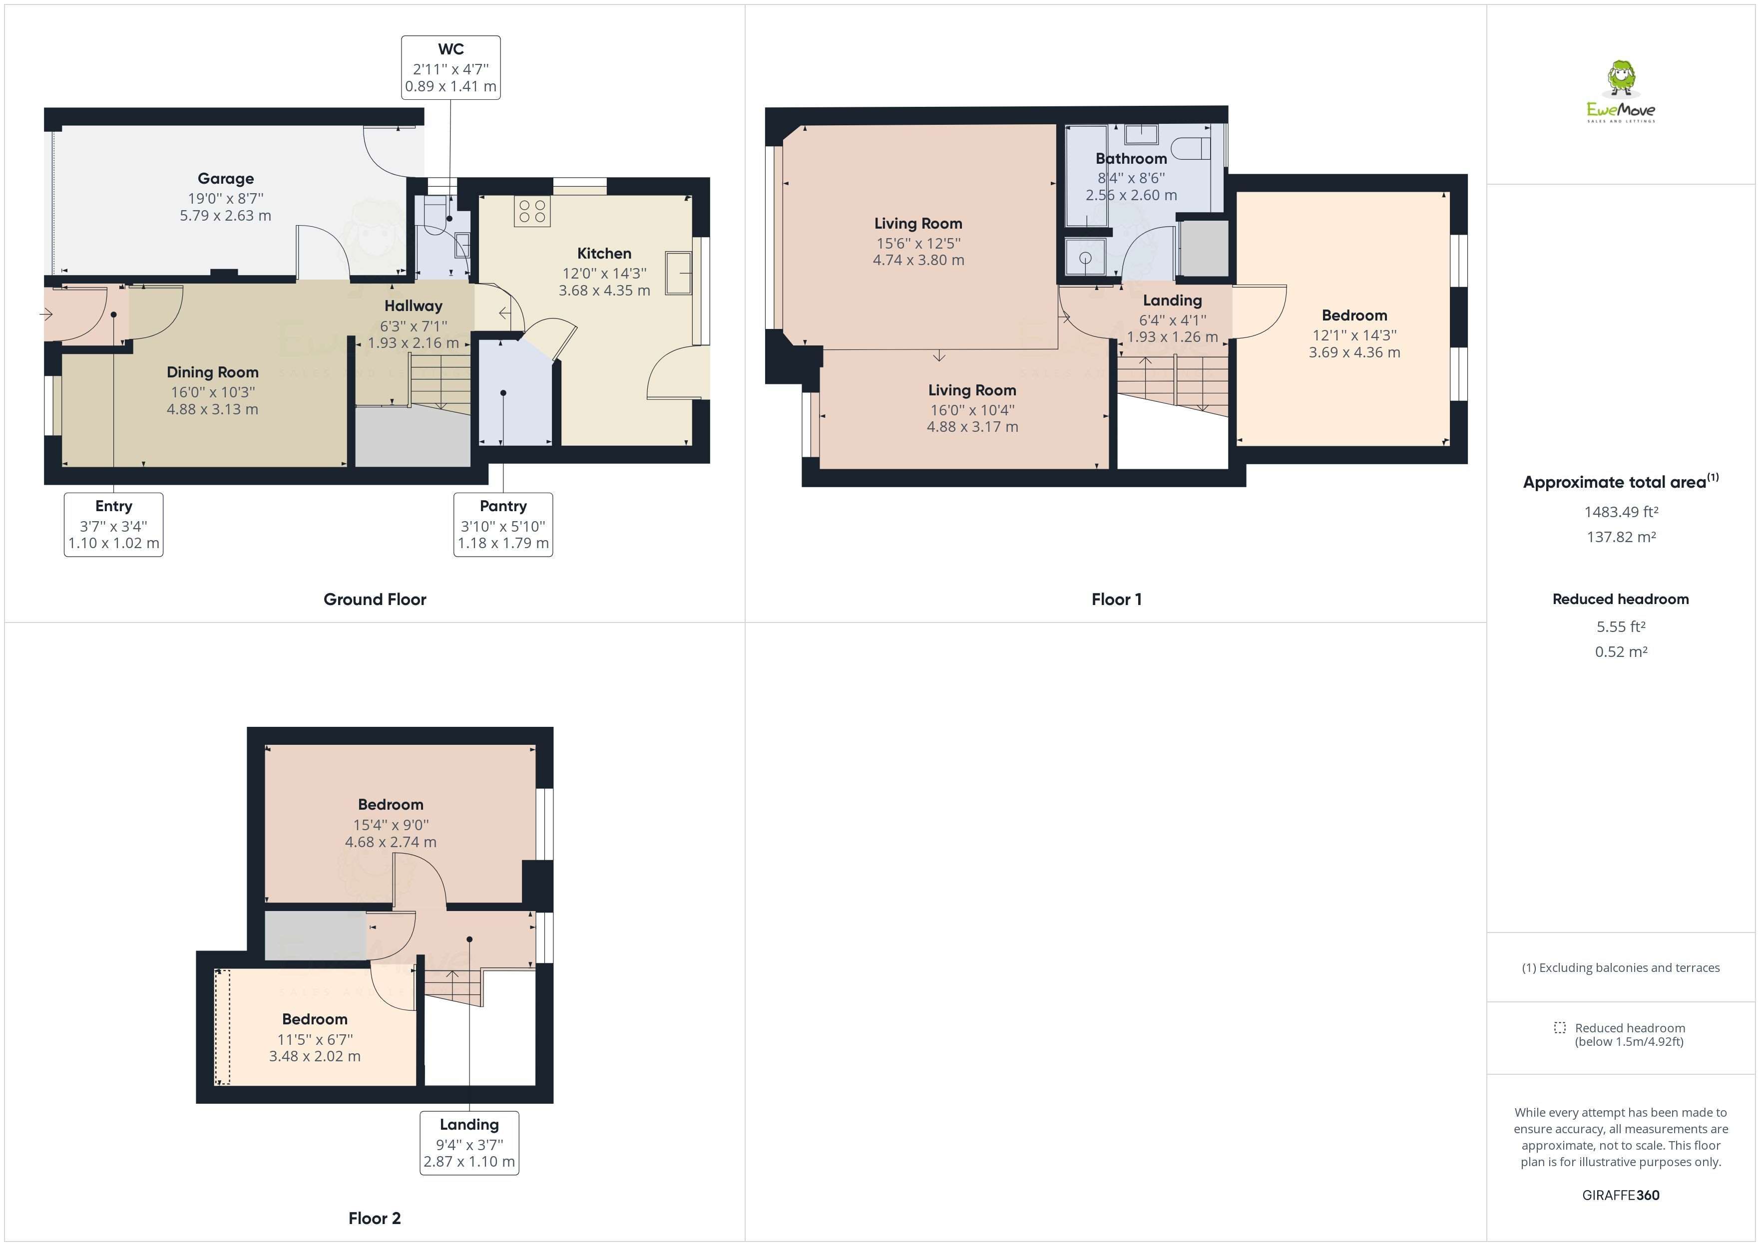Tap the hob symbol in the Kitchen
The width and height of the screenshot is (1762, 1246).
532,212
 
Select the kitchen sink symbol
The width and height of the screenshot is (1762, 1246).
678,273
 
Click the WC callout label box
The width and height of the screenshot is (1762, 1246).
450,67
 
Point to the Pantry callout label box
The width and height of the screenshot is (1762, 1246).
502,525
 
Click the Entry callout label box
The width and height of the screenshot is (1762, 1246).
113,525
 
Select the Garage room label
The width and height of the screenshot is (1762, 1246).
226,179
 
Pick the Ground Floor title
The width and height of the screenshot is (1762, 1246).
375,599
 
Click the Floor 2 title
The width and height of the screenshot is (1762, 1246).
375,1218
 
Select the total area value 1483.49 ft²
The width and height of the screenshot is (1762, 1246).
1621,512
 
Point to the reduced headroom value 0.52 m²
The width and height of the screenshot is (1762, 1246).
1621,651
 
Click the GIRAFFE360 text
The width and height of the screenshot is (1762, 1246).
1621,1195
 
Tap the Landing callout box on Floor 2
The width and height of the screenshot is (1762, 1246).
469,1143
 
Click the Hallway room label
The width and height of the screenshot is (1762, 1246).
413,306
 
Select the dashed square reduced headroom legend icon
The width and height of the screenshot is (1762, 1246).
1559,1027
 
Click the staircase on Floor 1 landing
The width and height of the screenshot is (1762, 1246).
1171,383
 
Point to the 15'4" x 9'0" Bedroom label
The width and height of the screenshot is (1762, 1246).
391,805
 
